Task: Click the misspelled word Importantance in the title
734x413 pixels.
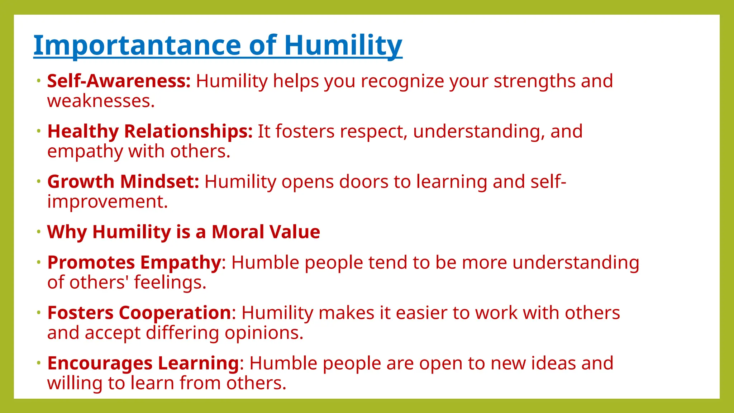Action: (x=138, y=46)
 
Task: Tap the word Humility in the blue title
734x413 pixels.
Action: (x=343, y=46)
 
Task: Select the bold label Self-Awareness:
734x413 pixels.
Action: (x=119, y=81)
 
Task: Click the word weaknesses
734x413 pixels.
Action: (x=101, y=101)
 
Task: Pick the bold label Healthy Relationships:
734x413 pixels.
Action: (x=150, y=131)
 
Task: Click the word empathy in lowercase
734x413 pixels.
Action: (x=85, y=151)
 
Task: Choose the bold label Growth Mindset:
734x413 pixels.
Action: (x=123, y=181)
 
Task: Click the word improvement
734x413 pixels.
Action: (x=107, y=201)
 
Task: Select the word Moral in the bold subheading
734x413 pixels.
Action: (x=238, y=232)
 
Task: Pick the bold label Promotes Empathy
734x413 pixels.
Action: (x=134, y=262)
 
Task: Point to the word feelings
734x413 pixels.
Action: (x=170, y=283)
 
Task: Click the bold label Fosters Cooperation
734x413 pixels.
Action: (x=139, y=313)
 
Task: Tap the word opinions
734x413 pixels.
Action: (x=264, y=333)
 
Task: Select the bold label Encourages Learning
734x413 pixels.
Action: (x=143, y=363)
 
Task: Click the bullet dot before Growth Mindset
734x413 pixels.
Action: (x=39, y=181)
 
